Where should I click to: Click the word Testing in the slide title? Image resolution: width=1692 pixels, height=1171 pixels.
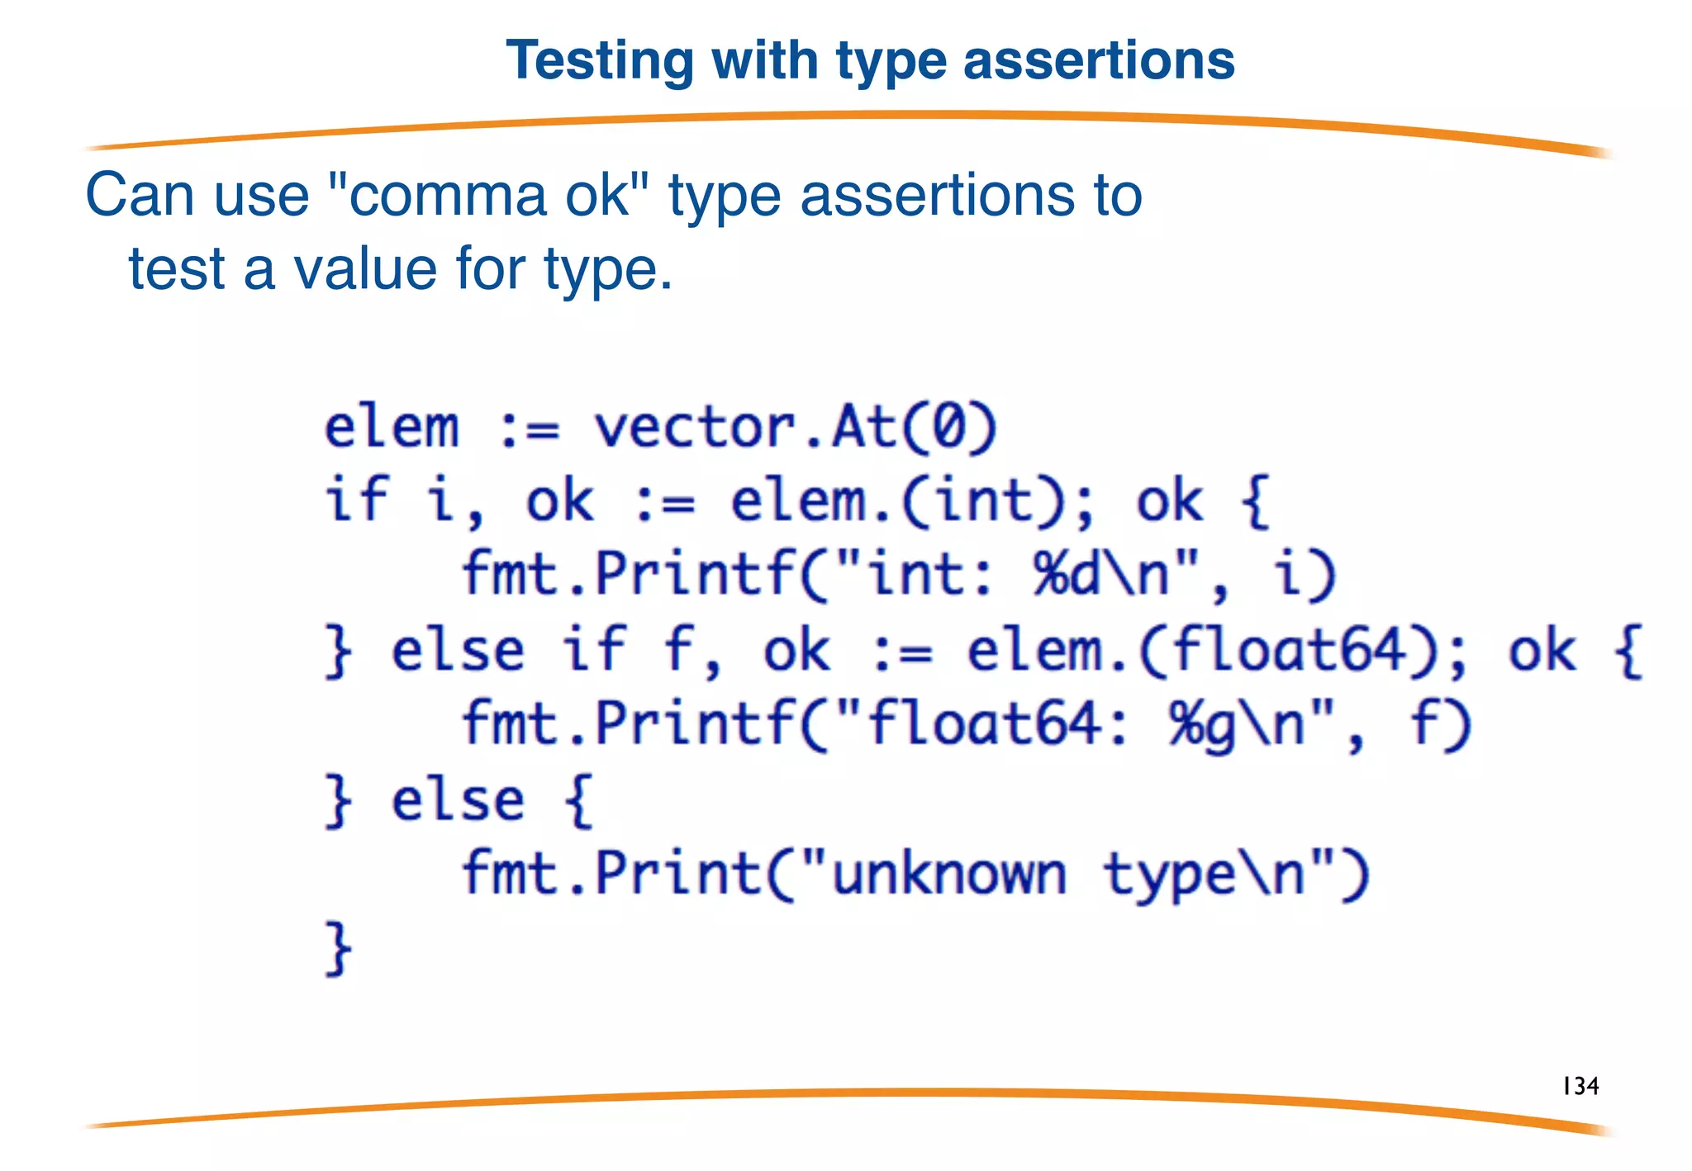click(601, 62)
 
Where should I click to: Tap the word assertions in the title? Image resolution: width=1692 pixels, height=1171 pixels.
click(1098, 62)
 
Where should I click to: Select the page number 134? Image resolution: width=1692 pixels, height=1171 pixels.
click(1580, 1085)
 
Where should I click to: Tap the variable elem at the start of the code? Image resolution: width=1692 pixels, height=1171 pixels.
click(391, 428)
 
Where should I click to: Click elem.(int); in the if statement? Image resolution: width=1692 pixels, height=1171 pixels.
click(912, 501)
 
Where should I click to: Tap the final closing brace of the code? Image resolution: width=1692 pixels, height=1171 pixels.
click(338, 949)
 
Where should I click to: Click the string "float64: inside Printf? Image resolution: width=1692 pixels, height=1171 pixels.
click(982, 725)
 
